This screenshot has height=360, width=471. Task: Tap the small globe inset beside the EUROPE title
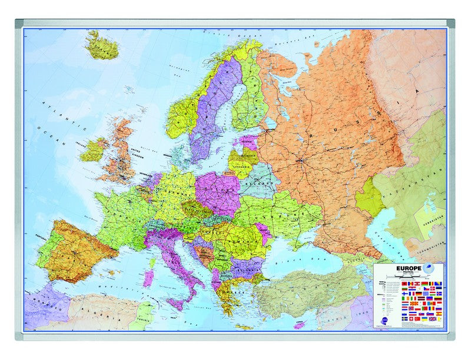coord(428,267)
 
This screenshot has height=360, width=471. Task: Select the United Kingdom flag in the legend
coord(433,319)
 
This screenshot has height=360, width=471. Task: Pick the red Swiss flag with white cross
coord(412,319)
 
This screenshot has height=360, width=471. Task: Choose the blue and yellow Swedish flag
coord(404,319)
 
